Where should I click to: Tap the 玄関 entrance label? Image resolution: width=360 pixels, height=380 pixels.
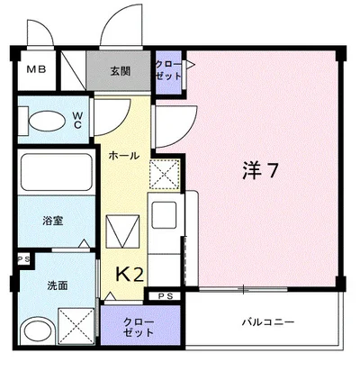pos(120,70)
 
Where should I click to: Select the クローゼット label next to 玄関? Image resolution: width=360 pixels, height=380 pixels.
pos(168,71)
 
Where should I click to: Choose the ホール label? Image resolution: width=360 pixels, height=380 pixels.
pos(123,156)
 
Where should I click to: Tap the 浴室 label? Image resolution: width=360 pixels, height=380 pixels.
pos(51,220)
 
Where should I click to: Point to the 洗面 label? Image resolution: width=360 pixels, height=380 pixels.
pos(57,285)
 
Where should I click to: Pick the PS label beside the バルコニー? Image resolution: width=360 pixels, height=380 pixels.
pos(166,296)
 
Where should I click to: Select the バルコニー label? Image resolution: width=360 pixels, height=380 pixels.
pos(267,321)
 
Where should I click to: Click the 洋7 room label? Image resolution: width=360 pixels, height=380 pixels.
pos(257,168)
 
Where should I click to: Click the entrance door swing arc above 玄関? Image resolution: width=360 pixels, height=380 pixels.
pos(121,32)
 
